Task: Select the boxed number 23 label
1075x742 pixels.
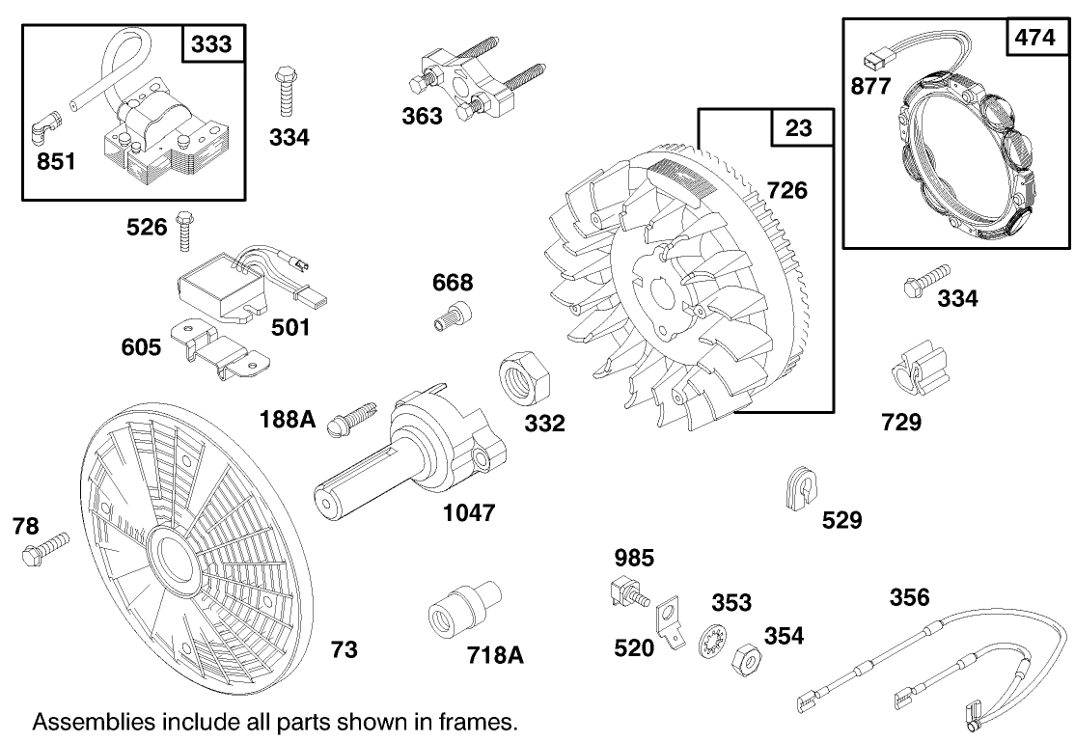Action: pos(799,127)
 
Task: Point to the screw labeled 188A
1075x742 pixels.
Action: pos(353,416)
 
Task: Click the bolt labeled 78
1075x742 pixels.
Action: pos(44,549)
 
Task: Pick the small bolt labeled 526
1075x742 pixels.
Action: pos(186,229)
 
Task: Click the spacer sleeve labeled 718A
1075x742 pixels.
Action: pos(460,609)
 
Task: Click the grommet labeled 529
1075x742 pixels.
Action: pos(795,487)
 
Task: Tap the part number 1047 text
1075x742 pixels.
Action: pos(469,512)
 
